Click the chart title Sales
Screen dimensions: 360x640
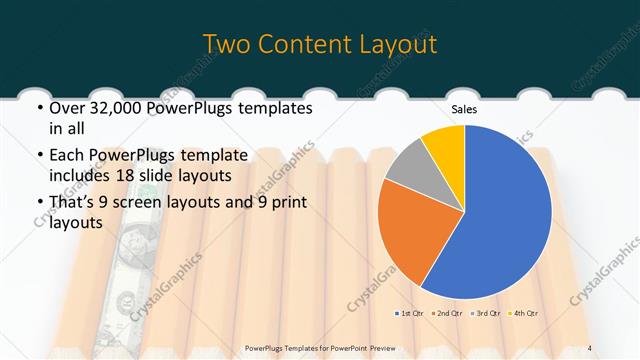click(464, 109)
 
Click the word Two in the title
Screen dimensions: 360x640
click(229, 45)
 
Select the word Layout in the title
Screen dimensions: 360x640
click(398, 45)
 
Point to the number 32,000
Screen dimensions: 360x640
click(122, 107)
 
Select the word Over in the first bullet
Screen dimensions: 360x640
click(67, 107)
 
